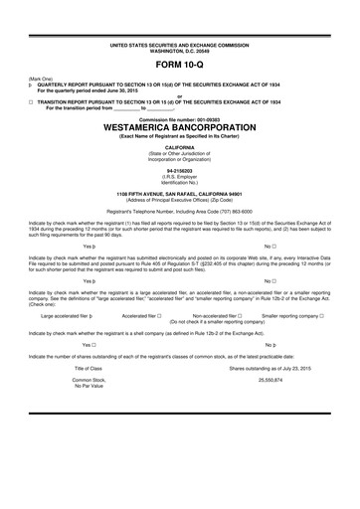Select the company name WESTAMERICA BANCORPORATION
180,128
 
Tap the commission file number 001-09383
180,119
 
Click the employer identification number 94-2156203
180,170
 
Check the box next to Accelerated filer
159,314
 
